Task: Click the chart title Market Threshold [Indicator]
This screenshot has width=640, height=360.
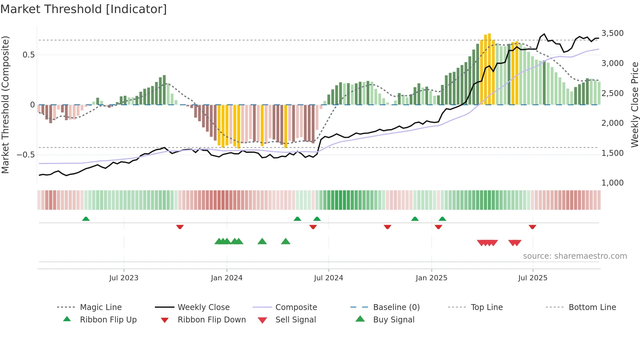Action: (84, 9)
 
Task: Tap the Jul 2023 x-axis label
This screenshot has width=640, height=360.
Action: (124, 278)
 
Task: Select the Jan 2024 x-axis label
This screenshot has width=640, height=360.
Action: (227, 278)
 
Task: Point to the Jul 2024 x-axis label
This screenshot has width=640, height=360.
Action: (328, 278)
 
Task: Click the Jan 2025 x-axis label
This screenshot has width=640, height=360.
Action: (431, 278)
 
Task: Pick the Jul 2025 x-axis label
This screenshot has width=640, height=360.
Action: (533, 278)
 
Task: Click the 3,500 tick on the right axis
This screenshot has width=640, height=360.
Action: (612, 33)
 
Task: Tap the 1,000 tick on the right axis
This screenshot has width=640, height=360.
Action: (612, 183)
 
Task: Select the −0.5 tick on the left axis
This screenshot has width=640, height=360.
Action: (26, 155)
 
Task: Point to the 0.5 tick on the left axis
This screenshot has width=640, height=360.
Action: (29, 55)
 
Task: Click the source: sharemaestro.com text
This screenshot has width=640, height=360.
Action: (575, 256)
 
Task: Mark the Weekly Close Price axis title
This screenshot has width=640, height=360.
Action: (634, 105)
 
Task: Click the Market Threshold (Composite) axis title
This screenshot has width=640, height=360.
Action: (5, 105)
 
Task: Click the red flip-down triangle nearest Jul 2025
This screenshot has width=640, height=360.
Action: (532, 227)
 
